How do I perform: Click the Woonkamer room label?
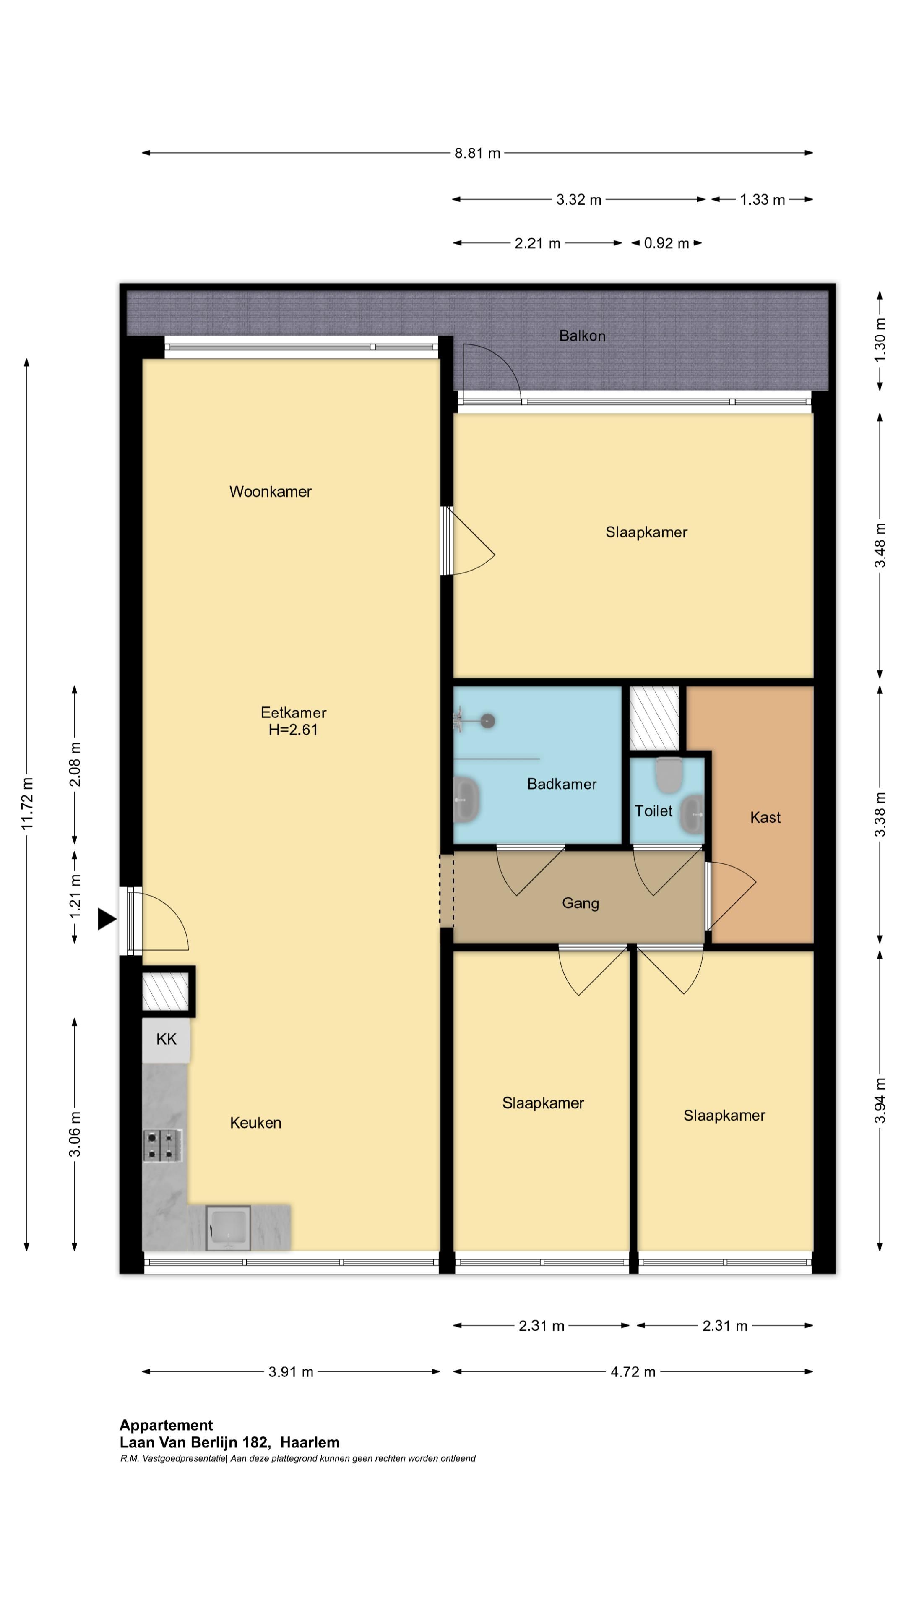270,492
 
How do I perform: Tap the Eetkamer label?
293,712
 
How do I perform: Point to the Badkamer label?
562,784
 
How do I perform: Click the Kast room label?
765,817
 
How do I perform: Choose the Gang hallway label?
580,903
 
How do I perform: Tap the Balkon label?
582,336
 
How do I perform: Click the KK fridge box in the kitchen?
167,1039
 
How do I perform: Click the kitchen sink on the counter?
228,1228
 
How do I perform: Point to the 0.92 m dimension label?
666,243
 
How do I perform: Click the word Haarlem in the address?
310,1442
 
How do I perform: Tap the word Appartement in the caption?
167,1425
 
